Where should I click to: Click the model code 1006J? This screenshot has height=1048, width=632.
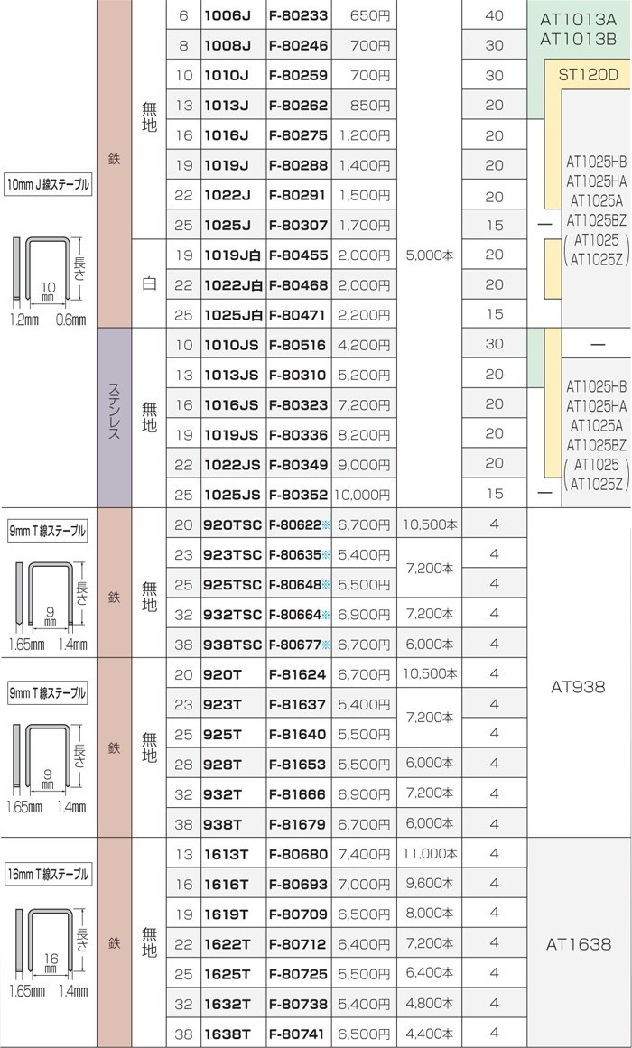pyautogui.click(x=226, y=15)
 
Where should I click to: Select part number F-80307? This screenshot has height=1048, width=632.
pyautogui.click(x=298, y=226)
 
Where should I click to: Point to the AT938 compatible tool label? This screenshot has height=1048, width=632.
pyautogui.click(x=578, y=686)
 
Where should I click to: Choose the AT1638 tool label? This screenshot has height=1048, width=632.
pyautogui.click(x=579, y=944)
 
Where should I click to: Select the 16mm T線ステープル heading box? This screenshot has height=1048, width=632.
pyautogui.click(x=48, y=874)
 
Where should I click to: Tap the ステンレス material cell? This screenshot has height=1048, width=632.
pyautogui.click(x=115, y=418)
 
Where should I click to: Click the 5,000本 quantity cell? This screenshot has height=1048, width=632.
pyautogui.click(x=429, y=255)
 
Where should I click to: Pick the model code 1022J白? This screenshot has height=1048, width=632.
pyautogui.click(x=234, y=285)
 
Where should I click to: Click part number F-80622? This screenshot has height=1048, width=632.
pyautogui.click(x=295, y=525)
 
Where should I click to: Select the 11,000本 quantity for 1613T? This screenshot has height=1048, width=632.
pyautogui.click(x=430, y=854)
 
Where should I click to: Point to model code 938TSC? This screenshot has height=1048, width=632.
pyautogui.click(x=233, y=645)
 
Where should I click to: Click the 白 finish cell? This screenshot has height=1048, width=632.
pyautogui.click(x=149, y=283)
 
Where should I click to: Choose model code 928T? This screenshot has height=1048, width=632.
pyautogui.click(x=223, y=765)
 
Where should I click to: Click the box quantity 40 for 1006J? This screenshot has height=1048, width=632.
pyautogui.click(x=494, y=14)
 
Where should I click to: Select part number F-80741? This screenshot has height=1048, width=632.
pyautogui.click(x=298, y=1034)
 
